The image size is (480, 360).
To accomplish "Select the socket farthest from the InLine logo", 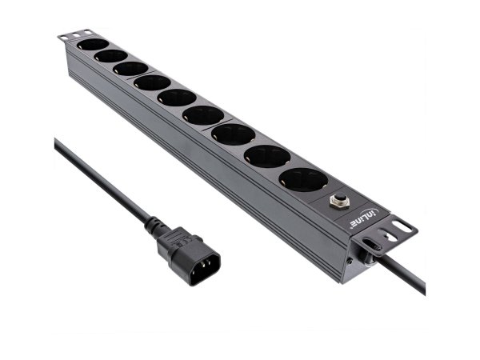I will click(92, 45).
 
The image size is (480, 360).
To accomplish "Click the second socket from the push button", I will click(267, 156).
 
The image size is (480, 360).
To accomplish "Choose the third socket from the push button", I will click(233, 134).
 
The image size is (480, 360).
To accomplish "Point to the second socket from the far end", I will click(110, 57).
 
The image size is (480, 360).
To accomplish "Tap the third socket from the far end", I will click(130, 69).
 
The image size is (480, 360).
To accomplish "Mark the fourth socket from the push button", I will click(202, 115).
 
